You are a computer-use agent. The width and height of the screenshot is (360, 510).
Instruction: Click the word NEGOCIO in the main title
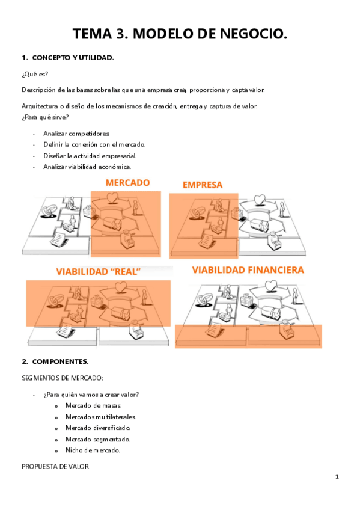254,34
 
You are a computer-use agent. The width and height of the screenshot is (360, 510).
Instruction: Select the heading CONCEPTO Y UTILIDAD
73,58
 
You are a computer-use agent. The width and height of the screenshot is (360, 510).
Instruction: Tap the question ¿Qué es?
35,74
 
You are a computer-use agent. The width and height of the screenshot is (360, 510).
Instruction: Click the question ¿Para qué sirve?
45,117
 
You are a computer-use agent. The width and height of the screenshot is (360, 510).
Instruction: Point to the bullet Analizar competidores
76,134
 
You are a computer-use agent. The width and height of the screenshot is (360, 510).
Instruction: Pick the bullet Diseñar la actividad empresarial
90,156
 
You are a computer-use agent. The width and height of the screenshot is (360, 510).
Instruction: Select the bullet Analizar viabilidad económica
87,167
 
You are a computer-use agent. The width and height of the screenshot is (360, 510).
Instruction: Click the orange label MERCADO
127,183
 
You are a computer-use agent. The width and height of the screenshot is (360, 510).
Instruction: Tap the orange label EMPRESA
203,185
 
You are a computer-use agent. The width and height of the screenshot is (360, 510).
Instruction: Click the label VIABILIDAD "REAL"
98,272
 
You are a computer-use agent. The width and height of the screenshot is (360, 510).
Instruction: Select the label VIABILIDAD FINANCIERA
248,270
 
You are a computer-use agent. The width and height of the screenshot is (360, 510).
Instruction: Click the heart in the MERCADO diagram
113,198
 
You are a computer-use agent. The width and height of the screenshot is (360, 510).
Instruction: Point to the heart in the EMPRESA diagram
260,200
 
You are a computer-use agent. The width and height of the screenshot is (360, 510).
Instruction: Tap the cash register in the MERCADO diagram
128,239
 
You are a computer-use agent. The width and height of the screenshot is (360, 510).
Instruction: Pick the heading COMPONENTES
61,361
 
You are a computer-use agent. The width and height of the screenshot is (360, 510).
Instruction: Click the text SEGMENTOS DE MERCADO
63,378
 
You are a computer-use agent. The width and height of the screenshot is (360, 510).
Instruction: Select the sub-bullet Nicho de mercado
93,450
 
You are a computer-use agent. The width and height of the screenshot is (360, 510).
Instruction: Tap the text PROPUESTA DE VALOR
55,467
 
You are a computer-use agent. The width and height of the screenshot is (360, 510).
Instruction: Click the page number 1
337,477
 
